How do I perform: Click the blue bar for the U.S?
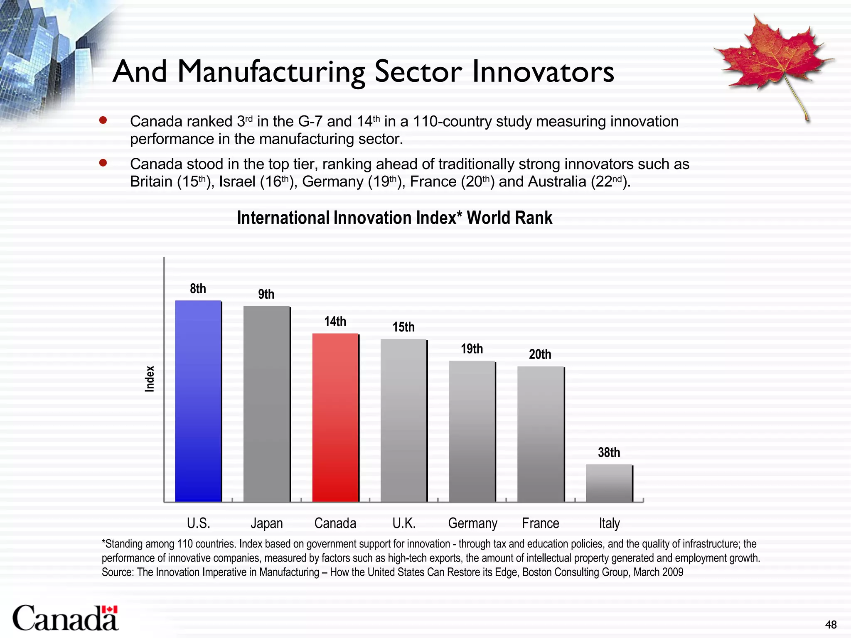click(198, 401)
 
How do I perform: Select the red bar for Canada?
click(335, 417)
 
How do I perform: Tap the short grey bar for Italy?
click(609, 483)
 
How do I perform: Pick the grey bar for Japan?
click(266, 404)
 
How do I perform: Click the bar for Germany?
click(472, 431)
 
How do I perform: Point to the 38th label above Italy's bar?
click(609, 452)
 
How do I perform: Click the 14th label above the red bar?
click(335, 321)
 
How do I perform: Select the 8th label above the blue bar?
click(198, 289)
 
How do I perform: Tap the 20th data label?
click(540, 354)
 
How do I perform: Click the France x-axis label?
click(540, 523)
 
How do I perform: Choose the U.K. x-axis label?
click(404, 523)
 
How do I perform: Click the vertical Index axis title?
click(150, 378)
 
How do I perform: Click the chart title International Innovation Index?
click(394, 218)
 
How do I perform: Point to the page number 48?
click(831, 625)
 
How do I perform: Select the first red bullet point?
click(103, 121)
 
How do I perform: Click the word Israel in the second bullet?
click(237, 182)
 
